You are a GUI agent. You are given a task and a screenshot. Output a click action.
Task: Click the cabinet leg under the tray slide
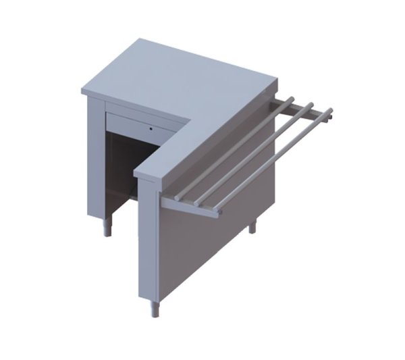coord(252,226)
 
